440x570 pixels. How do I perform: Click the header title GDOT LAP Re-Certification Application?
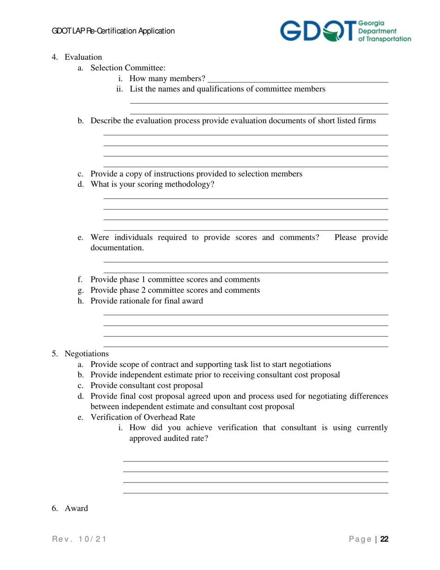(113, 31)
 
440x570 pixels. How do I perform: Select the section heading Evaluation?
(83, 57)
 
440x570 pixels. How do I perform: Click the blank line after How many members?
(297, 78)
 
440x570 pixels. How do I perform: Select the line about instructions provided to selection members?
(196, 174)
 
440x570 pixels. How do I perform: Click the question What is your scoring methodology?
(152, 184)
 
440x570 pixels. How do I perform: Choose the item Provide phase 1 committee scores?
(175, 279)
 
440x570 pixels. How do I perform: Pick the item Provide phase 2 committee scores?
(175, 290)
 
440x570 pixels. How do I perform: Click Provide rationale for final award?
(146, 301)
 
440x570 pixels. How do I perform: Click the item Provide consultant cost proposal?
(146, 386)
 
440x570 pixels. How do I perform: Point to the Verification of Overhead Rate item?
(143, 417)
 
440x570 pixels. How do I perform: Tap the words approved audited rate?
(168, 438)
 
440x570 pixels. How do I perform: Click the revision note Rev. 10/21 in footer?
(79, 539)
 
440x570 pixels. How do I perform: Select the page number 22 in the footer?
(384, 539)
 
